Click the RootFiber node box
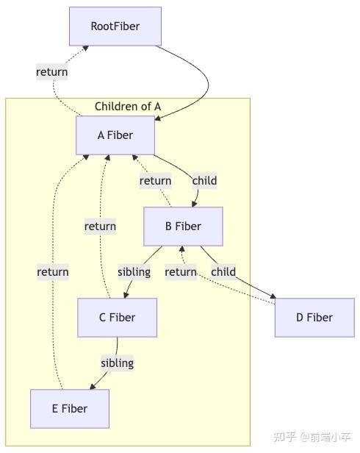click(115, 26)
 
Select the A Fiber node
click(115, 135)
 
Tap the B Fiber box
click(183, 226)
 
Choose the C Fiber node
click(118, 318)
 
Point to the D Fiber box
click(314, 318)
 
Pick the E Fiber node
click(70, 409)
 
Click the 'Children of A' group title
click(128, 107)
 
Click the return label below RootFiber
click(52, 72)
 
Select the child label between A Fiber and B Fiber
click(204, 181)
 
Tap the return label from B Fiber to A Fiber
click(155, 181)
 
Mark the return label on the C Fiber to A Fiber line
click(100, 226)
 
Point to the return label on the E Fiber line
click(53, 272)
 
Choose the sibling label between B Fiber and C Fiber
click(134, 272)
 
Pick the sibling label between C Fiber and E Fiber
click(117, 363)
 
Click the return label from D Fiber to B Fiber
click(181, 272)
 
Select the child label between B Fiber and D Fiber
click(223, 272)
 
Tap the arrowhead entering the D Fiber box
click(273, 298)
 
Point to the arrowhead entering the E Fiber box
click(91, 387)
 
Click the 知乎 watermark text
click(285, 437)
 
